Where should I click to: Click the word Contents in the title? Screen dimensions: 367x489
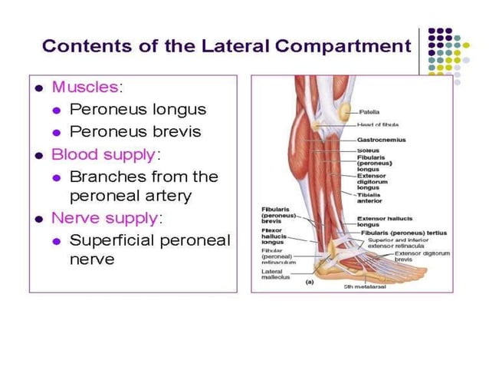[x=80, y=45]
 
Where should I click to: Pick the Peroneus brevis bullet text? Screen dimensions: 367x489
[x=136, y=131]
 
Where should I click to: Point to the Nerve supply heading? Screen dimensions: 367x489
[x=103, y=218]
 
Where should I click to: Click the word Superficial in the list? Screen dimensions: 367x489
[x=117, y=240]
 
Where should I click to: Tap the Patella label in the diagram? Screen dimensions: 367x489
[x=369, y=111]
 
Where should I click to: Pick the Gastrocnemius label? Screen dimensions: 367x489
[x=381, y=141]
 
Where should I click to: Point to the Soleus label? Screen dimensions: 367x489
[x=368, y=150]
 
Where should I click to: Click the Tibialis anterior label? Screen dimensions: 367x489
[x=371, y=198]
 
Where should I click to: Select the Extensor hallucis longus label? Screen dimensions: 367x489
[x=381, y=222]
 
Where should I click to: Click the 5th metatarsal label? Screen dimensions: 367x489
[x=365, y=287]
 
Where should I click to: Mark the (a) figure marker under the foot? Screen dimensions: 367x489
[x=310, y=282]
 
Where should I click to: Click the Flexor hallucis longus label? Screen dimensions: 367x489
[x=274, y=235]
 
